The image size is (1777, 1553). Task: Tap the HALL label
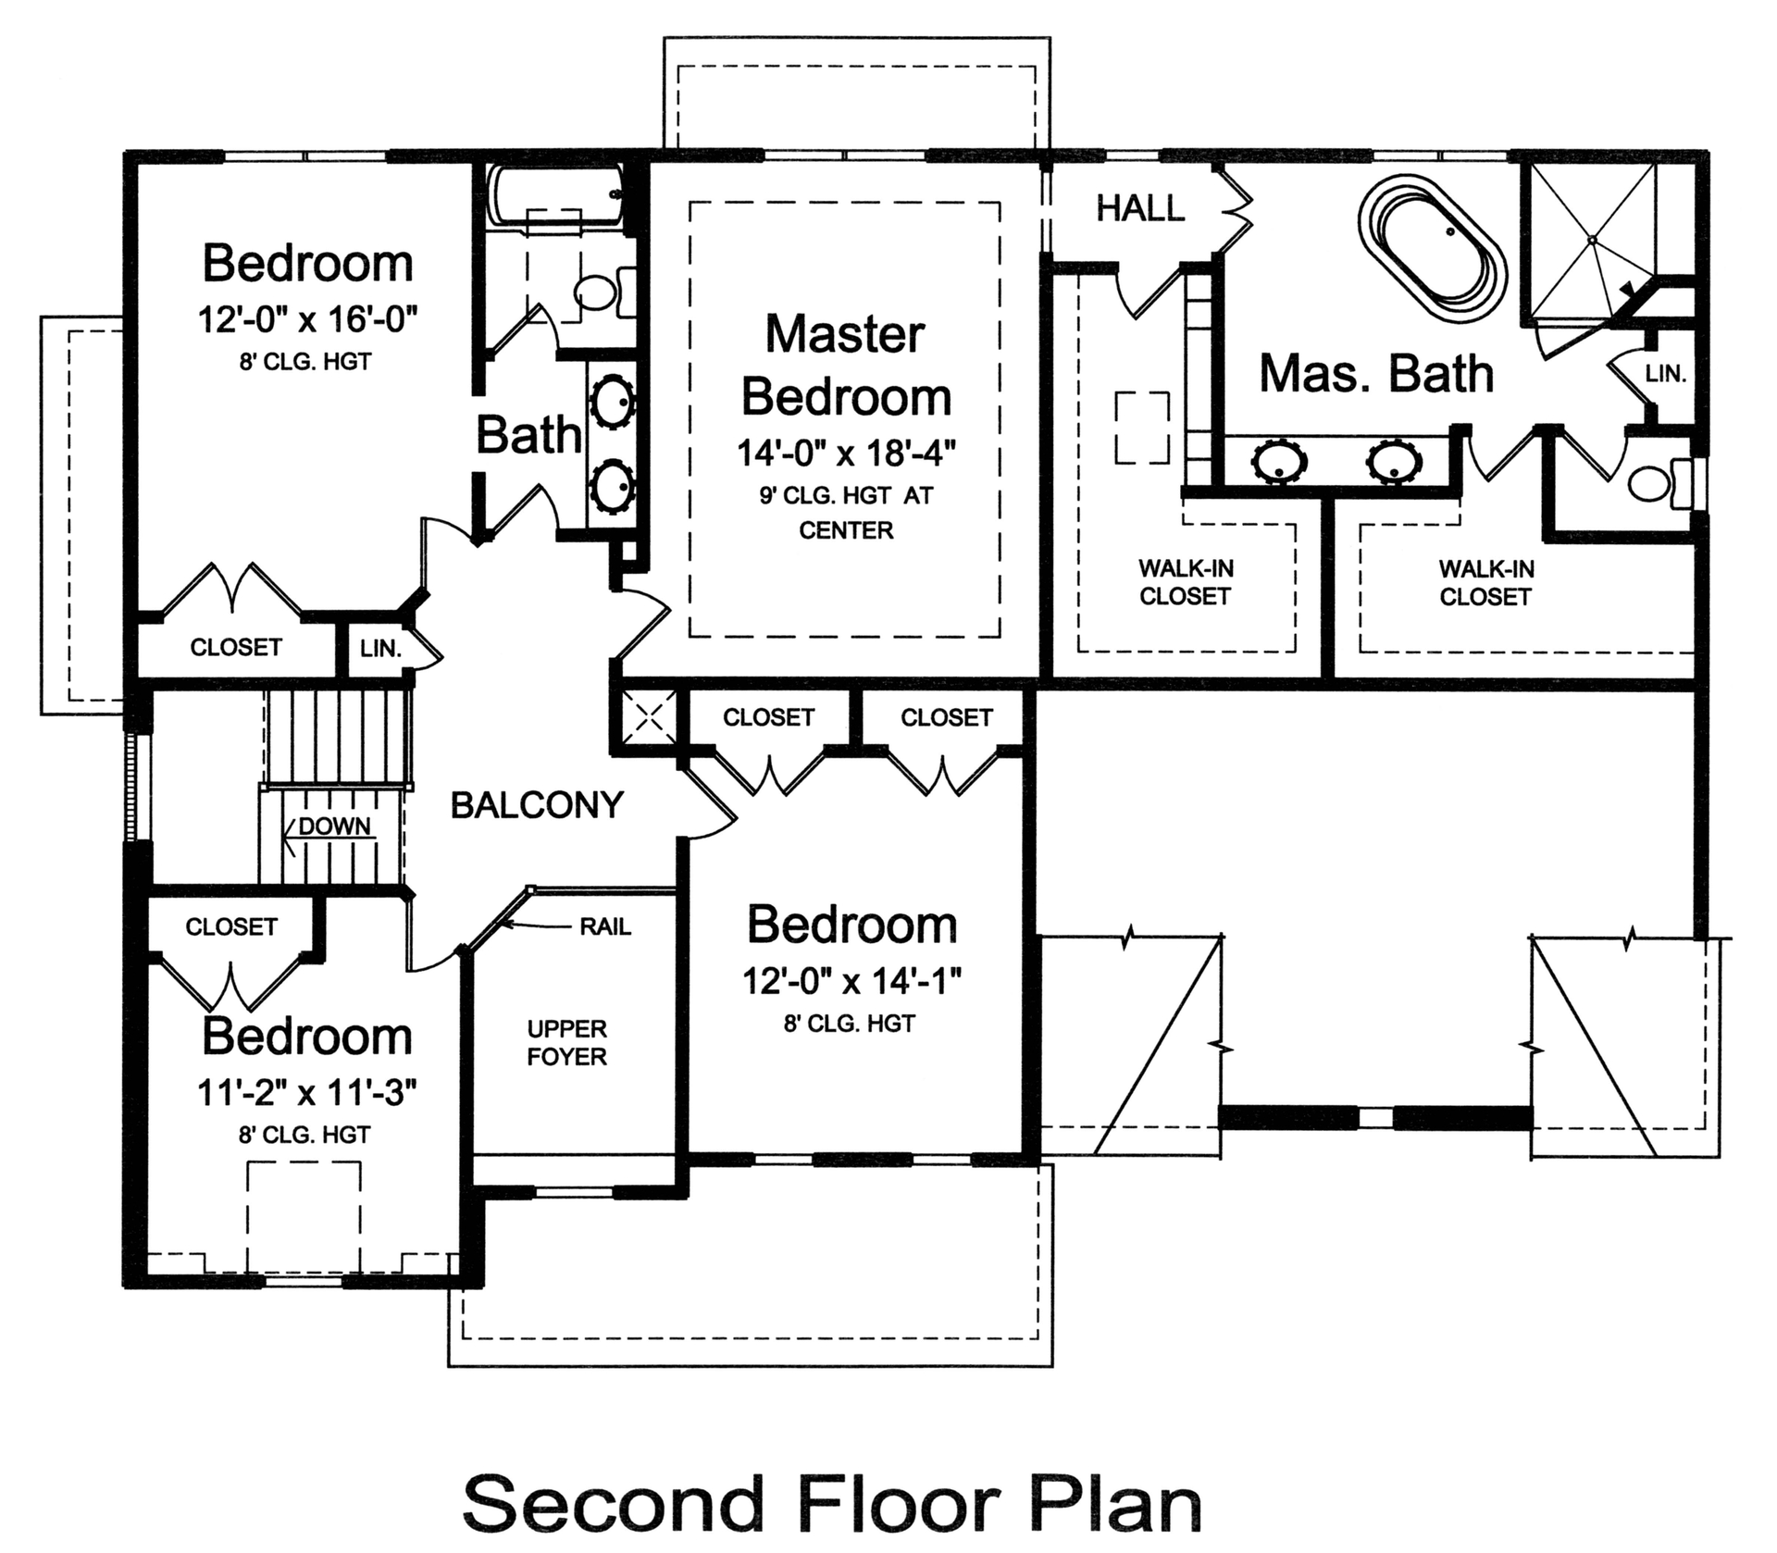coord(1140,209)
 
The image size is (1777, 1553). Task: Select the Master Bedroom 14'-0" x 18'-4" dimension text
coord(846,454)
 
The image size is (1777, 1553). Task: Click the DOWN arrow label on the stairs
coord(334,826)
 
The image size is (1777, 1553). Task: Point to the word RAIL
coord(605,926)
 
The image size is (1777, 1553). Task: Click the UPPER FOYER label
coord(566,1043)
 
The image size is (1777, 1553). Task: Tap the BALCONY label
coord(537,805)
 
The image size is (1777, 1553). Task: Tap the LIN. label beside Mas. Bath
coord(1666,375)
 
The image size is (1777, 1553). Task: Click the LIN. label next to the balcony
coord(380,649)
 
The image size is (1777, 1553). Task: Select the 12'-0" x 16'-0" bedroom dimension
coord(307,320)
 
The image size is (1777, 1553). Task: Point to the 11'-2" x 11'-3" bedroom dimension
coord(306,1094)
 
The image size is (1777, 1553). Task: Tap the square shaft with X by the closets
coord(648,717)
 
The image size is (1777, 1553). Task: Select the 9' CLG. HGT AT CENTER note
coord(846,513)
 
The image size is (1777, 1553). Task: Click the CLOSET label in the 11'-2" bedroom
coord(231,926)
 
